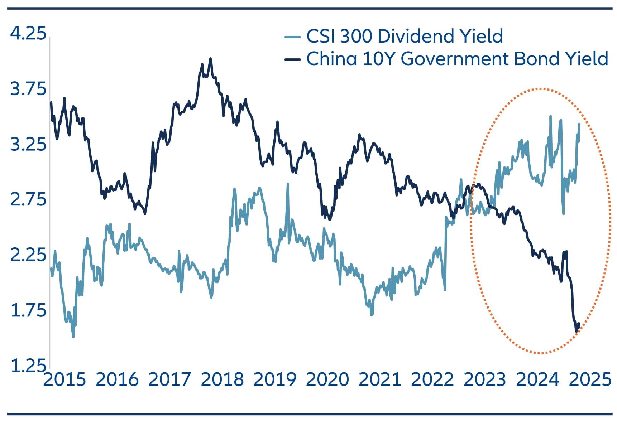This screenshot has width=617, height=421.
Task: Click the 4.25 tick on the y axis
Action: tap(28, 33)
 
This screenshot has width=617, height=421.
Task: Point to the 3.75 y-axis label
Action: tap(28, 89)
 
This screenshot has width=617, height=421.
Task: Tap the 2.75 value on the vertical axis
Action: tap(28, 199)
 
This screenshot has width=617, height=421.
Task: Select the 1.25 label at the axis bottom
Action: tap(28, 366)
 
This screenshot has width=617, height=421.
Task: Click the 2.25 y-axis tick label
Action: tap(28, 255)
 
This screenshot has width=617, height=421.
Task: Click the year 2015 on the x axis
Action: tap(64, 379)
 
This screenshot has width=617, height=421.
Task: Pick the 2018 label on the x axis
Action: tap(222, 379)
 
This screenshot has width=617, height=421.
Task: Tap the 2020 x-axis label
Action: tap(327, 379)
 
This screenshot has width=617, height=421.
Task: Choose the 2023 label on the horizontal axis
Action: tap(485, 379)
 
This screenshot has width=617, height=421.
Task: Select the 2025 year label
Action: tap(590, 379)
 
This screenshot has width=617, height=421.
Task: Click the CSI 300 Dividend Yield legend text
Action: tap(405, 36)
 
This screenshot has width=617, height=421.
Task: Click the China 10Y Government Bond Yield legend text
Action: tap(457, 58)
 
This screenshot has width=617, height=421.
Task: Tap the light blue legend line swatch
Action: tap(292, 37)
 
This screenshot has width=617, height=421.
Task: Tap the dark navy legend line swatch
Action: tap(292, 59)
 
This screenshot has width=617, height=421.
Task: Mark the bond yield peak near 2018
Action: tap(210, 59)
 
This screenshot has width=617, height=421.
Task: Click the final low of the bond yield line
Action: tap(576, 332)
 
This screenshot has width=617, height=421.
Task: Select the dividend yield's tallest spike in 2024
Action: tap(550, 116)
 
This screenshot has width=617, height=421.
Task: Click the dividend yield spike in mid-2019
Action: tap(287, 184)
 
